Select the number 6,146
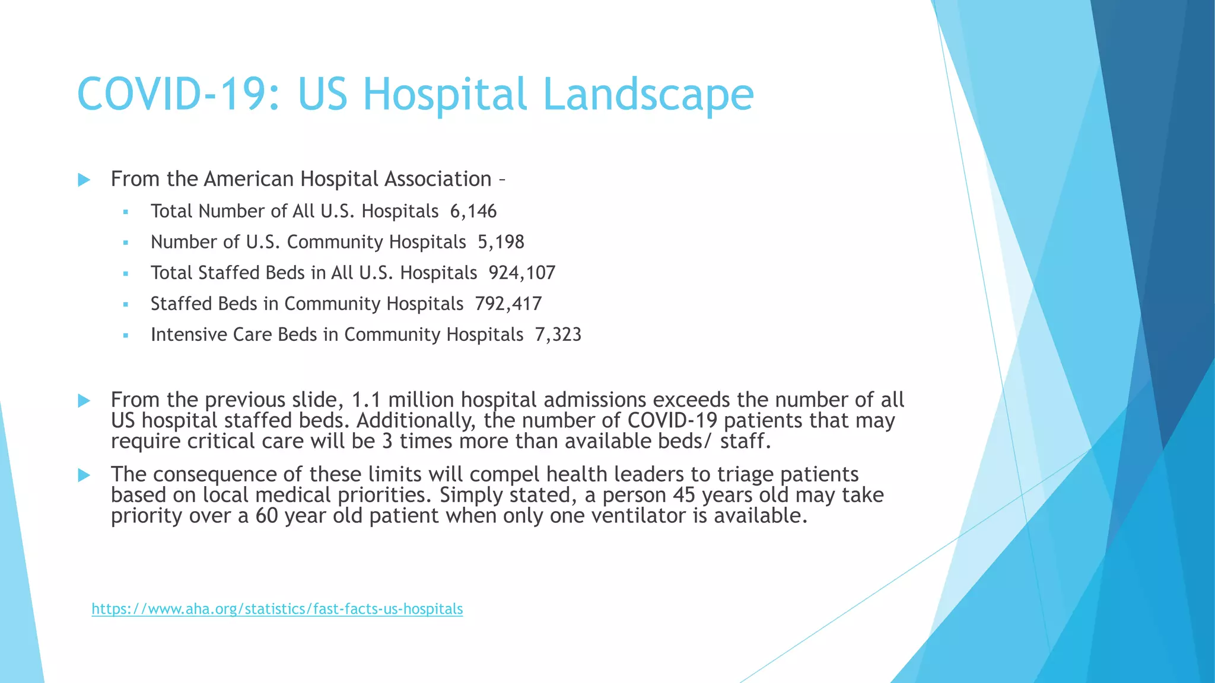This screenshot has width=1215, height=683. click(473, 212)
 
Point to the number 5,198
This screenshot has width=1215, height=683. click(501, 242)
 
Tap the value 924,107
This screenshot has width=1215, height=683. click(522, 273)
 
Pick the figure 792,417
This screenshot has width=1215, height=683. click(508, 304)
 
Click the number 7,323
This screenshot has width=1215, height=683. click(558, 335)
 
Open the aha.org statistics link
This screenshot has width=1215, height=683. click(277, 609)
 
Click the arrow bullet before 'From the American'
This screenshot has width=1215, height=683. click(84, 180)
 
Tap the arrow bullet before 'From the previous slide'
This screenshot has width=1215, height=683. click(84, 401)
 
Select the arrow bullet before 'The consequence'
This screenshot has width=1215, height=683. click(84, 475)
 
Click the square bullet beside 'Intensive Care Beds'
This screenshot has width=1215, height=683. click(125, 336)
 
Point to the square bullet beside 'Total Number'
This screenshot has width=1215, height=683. click(125, 212)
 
